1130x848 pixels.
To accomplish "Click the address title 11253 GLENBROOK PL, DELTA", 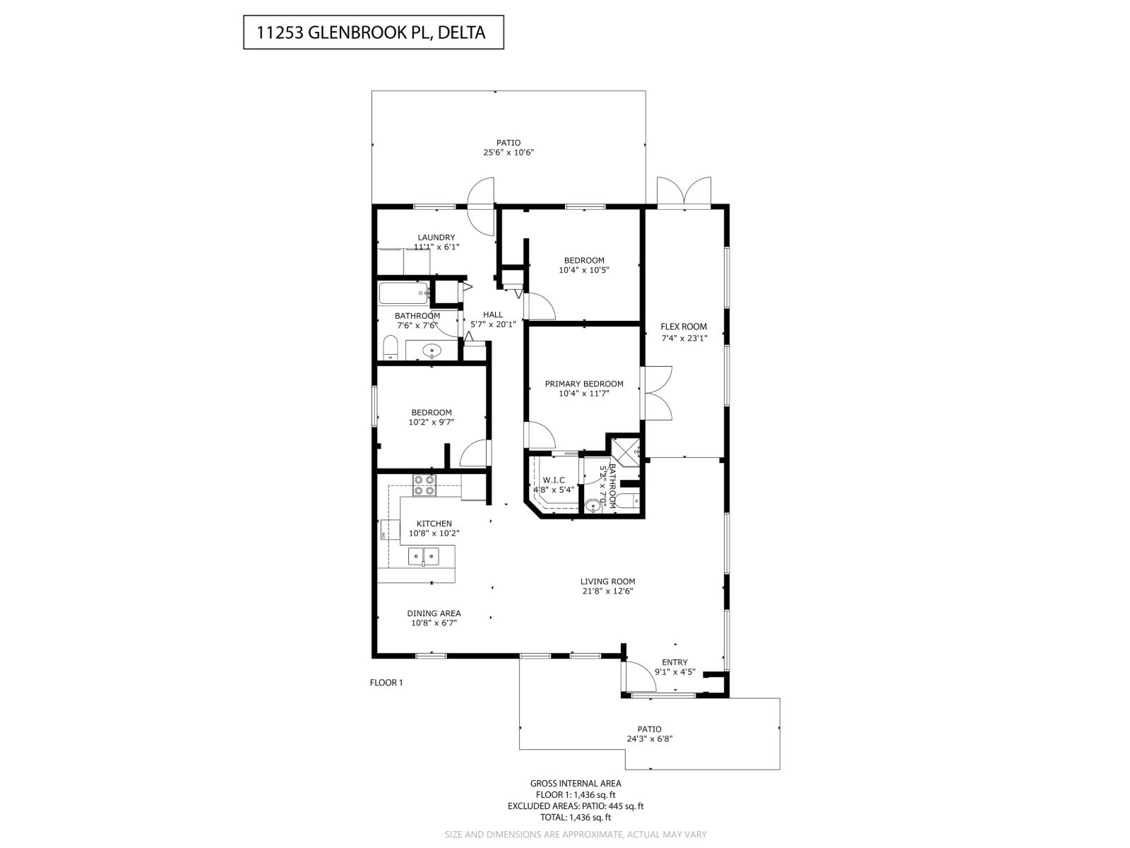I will (373, 33).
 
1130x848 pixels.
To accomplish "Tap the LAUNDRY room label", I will (436, 237).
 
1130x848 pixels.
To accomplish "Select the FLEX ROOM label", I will (683, 326).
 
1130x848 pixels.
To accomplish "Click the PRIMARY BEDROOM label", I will (583, 384).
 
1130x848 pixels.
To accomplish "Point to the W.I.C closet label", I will (554, 481).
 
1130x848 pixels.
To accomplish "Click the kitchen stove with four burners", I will (424, 484).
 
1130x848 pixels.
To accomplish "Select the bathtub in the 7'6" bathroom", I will (403, 293).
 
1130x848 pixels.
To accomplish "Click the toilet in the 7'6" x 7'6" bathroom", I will (390, 348).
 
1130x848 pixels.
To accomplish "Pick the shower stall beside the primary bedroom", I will (626, 451).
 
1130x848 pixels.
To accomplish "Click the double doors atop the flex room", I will (684, 192).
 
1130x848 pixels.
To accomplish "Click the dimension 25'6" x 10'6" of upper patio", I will (508, 152).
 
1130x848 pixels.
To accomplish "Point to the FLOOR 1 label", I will (386, 683).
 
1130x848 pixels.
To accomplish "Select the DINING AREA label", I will (434, 613).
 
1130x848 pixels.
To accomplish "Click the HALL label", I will (493, 314).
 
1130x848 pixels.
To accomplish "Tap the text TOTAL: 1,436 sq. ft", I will (575, 817).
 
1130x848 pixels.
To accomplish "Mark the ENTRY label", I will (674, 662).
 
